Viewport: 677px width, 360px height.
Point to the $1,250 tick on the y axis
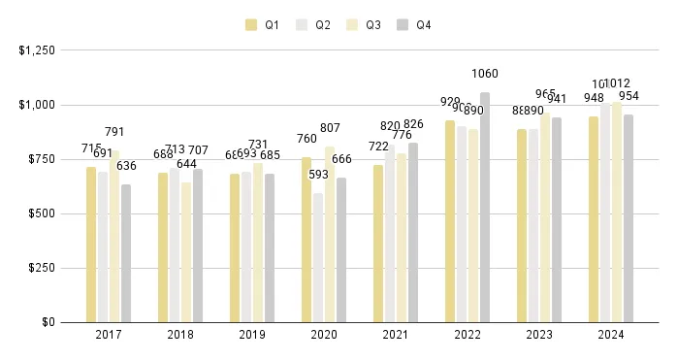(x=36, y=49)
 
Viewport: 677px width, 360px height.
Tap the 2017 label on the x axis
(x=109, y=335)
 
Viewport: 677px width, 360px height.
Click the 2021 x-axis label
(x=396, y=335)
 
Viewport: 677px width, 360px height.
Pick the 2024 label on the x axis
(x=611, y=335)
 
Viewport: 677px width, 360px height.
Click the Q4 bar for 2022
(x=485, y=208)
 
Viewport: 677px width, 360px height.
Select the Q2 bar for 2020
(x=318, y=257)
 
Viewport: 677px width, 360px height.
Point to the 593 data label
(x=318, y=175)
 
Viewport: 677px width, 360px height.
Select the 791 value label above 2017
(x=114, y=132)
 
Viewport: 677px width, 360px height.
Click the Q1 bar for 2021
(x=378, y=244)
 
